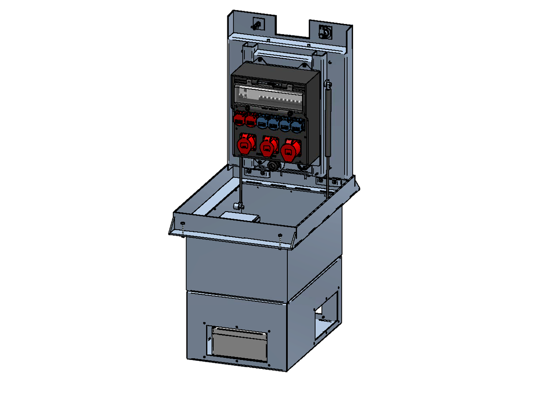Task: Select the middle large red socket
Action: click(x=267, y=148)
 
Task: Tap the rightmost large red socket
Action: click(x=290, y=150)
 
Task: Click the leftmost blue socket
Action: click(x=262, y=122)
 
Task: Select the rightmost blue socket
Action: click(x=296, y=126)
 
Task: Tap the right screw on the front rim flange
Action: click(x=280, y=235)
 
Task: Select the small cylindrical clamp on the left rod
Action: click(x=238, y=206)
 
